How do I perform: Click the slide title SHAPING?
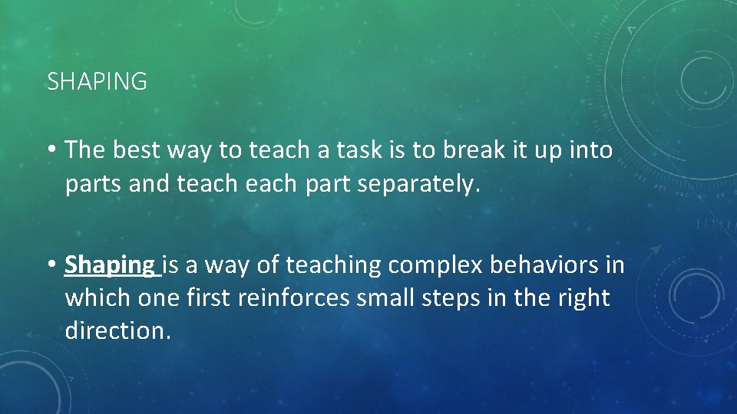pos(97,82)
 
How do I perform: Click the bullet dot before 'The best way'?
pos(51,151)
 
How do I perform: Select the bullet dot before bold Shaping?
pos(51,265)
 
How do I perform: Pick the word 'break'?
pos(471,151)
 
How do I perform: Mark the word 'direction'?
pos(115,331)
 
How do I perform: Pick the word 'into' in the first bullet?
pos(591,151)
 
